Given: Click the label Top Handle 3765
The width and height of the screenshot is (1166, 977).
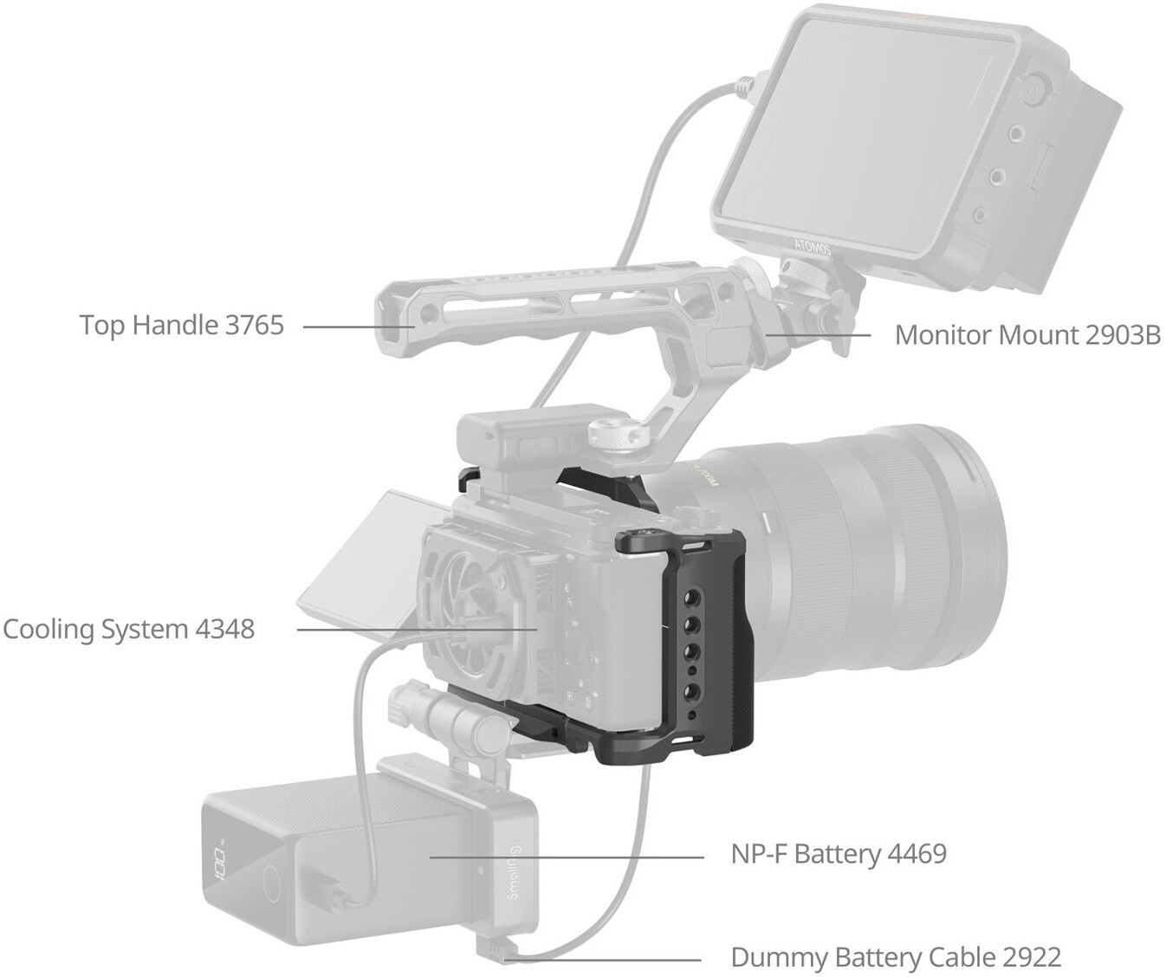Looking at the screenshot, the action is click(x=182, y=326).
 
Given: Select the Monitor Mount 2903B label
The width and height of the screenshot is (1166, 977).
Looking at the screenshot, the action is click(x=1028, y=335).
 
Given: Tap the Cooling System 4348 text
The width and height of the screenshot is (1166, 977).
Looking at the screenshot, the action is click(x=129, y=629).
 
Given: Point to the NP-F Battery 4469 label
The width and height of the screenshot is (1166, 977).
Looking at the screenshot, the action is click(x=839, y=854).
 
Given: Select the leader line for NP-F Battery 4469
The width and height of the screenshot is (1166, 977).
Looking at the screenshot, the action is click(x=567, y=857).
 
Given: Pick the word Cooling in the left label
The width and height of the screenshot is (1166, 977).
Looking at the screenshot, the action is click(x=49, y=629).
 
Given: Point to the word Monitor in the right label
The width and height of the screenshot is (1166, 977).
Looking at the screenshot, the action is click(x=943, y=335).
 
